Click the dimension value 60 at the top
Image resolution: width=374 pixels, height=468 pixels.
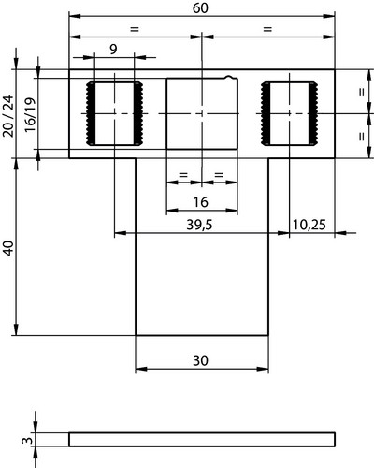200,8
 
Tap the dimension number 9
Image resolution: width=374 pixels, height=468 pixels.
113,50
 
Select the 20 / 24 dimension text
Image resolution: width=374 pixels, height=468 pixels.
8,116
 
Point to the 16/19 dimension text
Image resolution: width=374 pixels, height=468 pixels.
30,115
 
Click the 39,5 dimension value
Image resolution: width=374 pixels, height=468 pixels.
199,225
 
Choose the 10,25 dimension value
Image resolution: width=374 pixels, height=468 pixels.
309,225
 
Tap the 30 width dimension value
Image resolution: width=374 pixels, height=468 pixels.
200,361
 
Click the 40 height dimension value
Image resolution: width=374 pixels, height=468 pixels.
8,248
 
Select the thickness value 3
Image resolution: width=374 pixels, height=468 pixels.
27,441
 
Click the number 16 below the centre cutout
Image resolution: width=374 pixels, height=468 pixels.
201,202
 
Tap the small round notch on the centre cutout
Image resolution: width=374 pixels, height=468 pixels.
229,77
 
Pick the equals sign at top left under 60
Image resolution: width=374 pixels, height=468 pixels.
134,29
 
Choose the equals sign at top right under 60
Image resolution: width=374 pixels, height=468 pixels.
267,29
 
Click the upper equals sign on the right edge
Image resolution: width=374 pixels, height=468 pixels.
362,93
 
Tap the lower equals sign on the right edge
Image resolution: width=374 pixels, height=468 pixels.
362,137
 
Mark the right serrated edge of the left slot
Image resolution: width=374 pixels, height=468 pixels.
138,113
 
